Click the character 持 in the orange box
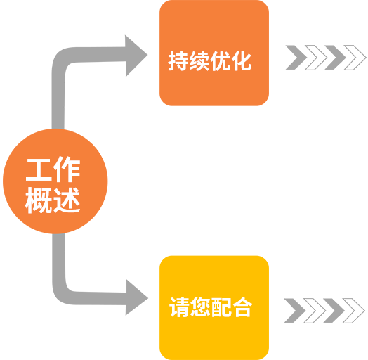(178, 61)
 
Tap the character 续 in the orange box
(199, 61)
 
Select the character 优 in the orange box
(221, 61)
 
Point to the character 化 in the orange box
(242, 61)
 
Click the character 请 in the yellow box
(180, 307)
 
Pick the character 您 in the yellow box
(200, 307)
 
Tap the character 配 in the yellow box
(221, 307)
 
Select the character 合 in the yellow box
(242, 307)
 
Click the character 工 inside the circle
(39, 169)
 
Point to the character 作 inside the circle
(67, 169)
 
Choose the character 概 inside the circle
(39, 200)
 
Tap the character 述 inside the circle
(67, 200)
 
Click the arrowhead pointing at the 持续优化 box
(136, 56)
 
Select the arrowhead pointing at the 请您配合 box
(136, 297)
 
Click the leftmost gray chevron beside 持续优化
(296, 58)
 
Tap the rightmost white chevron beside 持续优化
(355, 58)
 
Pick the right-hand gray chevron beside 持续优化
(335, 58)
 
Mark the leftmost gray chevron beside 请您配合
(295, 310)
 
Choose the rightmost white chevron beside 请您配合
(354, 310)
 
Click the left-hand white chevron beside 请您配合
(315, 310)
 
